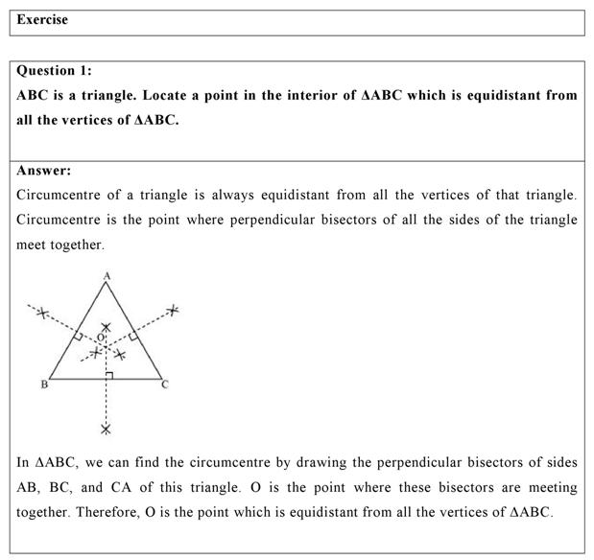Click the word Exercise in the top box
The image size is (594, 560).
click(x=42, y=20)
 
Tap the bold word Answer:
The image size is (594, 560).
click(x=44, y=171)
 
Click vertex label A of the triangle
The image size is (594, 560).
click(x=106, y=276)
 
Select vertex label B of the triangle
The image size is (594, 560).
click(x=43, y=385)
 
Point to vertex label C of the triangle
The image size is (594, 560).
click(x=165, y=385)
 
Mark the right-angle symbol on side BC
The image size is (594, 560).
click(x=109, y=374)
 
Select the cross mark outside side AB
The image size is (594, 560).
click(x=40, y=312)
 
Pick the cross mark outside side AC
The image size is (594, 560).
click(x=173, y=310)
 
